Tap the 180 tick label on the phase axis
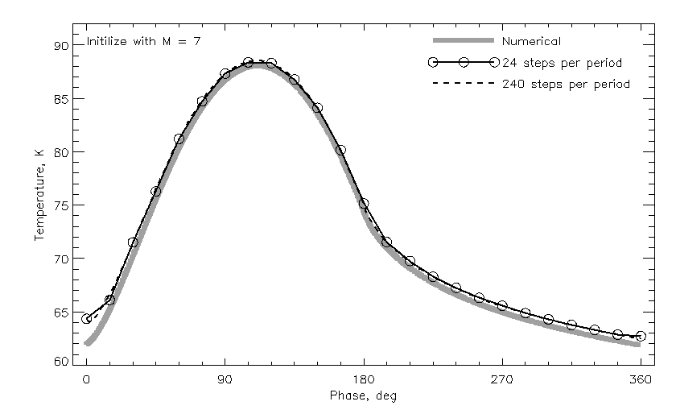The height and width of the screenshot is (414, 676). [x=364, y=382]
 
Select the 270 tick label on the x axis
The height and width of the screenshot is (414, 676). [x=502, y=382]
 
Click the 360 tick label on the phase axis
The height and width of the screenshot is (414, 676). [x=641, y=382]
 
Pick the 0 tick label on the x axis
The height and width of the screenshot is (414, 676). [x=87, y=382]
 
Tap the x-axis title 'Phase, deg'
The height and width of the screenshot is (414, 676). [x=363, y=396]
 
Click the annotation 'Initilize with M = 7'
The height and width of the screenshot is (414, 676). [x=142, y=41]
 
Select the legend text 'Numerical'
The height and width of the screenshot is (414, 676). [x=531, y=41]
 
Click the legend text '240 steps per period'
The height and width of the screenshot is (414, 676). [x=566, y=83]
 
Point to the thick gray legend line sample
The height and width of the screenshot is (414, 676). [x=463, y=41]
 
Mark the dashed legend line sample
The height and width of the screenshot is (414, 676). [x=463, y=83]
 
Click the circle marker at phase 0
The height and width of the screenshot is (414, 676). [x=87, y=319]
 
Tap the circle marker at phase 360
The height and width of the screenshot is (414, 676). [x=641, y=336]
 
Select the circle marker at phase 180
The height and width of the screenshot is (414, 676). [x=364, y=204]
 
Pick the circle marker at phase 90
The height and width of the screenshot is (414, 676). [x=225, y=74]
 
